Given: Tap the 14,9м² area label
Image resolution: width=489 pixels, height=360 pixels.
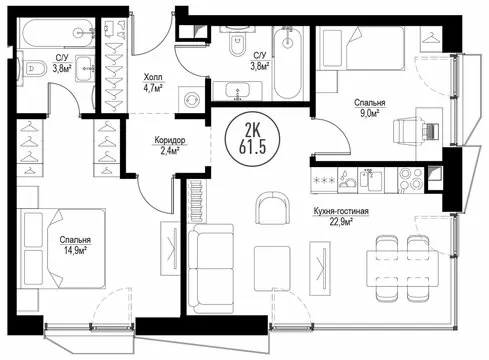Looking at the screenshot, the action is coord(76,249).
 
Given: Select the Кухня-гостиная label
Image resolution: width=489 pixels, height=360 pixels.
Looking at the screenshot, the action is coord(341,211).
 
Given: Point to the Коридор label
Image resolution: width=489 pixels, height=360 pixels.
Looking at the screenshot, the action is coord(170,140).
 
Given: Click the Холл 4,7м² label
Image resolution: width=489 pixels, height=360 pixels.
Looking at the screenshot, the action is coord(153,83).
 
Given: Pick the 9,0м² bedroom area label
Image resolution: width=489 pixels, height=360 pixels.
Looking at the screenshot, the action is coord(370,113).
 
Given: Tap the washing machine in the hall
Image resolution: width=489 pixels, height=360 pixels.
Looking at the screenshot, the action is coord(192,99).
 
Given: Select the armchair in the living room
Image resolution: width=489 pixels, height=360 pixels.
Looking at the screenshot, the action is coord(273,208).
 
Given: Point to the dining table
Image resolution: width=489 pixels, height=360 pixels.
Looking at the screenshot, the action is coord(402,268).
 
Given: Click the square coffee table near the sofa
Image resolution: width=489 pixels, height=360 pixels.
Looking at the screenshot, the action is coord(272,268).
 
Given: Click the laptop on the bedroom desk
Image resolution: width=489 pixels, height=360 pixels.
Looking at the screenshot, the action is coord(430,131).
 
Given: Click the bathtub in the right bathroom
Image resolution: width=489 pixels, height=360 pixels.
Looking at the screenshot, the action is coord(288,63).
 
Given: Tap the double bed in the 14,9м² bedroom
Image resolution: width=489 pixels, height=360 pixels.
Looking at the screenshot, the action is coord(62,248).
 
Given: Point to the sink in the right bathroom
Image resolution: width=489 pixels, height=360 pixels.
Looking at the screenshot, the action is coord(237,90).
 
